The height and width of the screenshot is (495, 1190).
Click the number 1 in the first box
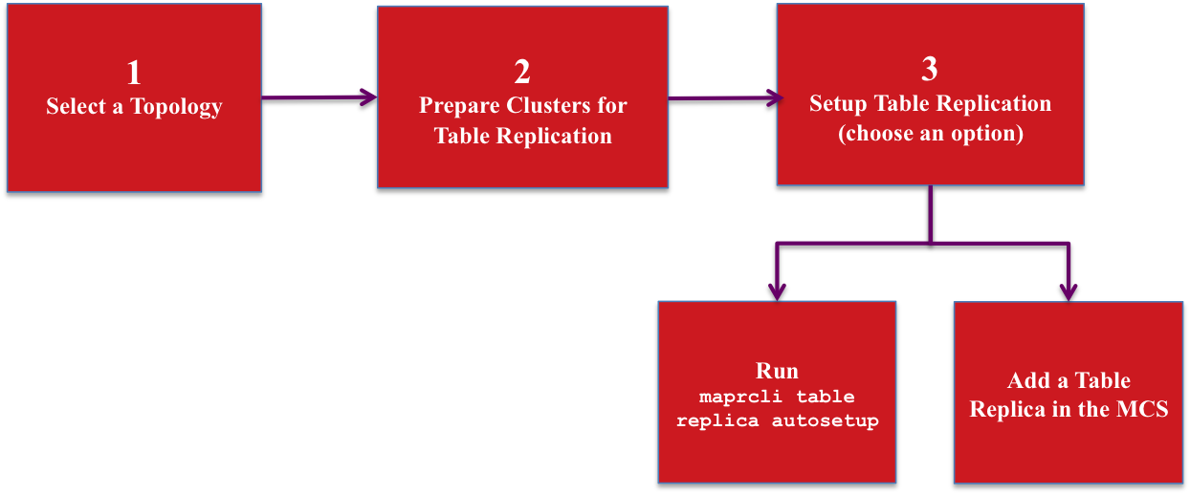(x=134, y=73)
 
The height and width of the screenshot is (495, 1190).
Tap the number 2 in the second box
(x=522, y=72)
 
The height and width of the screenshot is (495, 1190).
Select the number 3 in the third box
(x=930, y=69)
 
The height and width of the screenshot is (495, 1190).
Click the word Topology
(x=176, y=107)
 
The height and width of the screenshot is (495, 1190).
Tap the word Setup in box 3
(x=839, y=103)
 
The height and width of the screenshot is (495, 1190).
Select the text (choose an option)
(x=930, y=134)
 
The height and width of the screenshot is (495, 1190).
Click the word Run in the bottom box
(x=777, y=372)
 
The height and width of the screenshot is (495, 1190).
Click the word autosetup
(x=825, y=420)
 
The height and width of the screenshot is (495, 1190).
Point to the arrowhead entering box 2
(x=369, y=97)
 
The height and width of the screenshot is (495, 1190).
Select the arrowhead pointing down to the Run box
(x=777, y=290)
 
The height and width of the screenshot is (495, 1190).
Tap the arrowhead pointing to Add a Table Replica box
(x=1069, y=290)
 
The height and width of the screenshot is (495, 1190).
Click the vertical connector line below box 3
(x=930, y=214)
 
